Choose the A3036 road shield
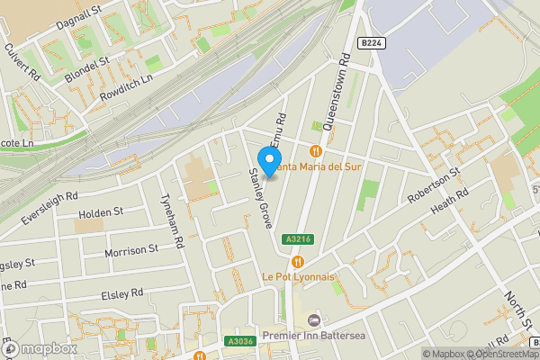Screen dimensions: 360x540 pyautogui.click(x=239, y=341)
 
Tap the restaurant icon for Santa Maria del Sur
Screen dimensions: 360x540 pyautogui.click(x=315, y=150)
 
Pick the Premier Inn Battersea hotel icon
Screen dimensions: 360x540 pyautogui.click(x=313, y=321)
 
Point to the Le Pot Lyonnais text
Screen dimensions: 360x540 pyautogui.click(x=297, y=276)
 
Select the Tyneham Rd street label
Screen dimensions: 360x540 pyautogui.click(x=171, y=223)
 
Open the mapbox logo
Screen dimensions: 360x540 pyautogui.click(x=40, y=348)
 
